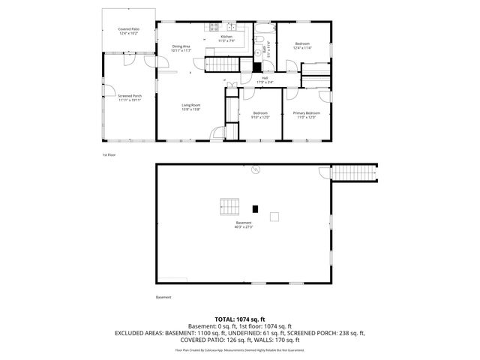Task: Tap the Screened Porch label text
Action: click(129, 96)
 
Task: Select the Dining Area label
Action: click(181, 46)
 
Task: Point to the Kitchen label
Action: click(226, 36)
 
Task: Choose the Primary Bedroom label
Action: click(304, 112)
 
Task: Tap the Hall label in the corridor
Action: click(265, 77)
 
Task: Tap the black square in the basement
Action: click(255, 208)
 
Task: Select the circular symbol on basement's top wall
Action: click(255, 170)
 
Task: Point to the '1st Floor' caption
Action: click(109, 155)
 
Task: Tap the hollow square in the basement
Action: click(274, 217)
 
